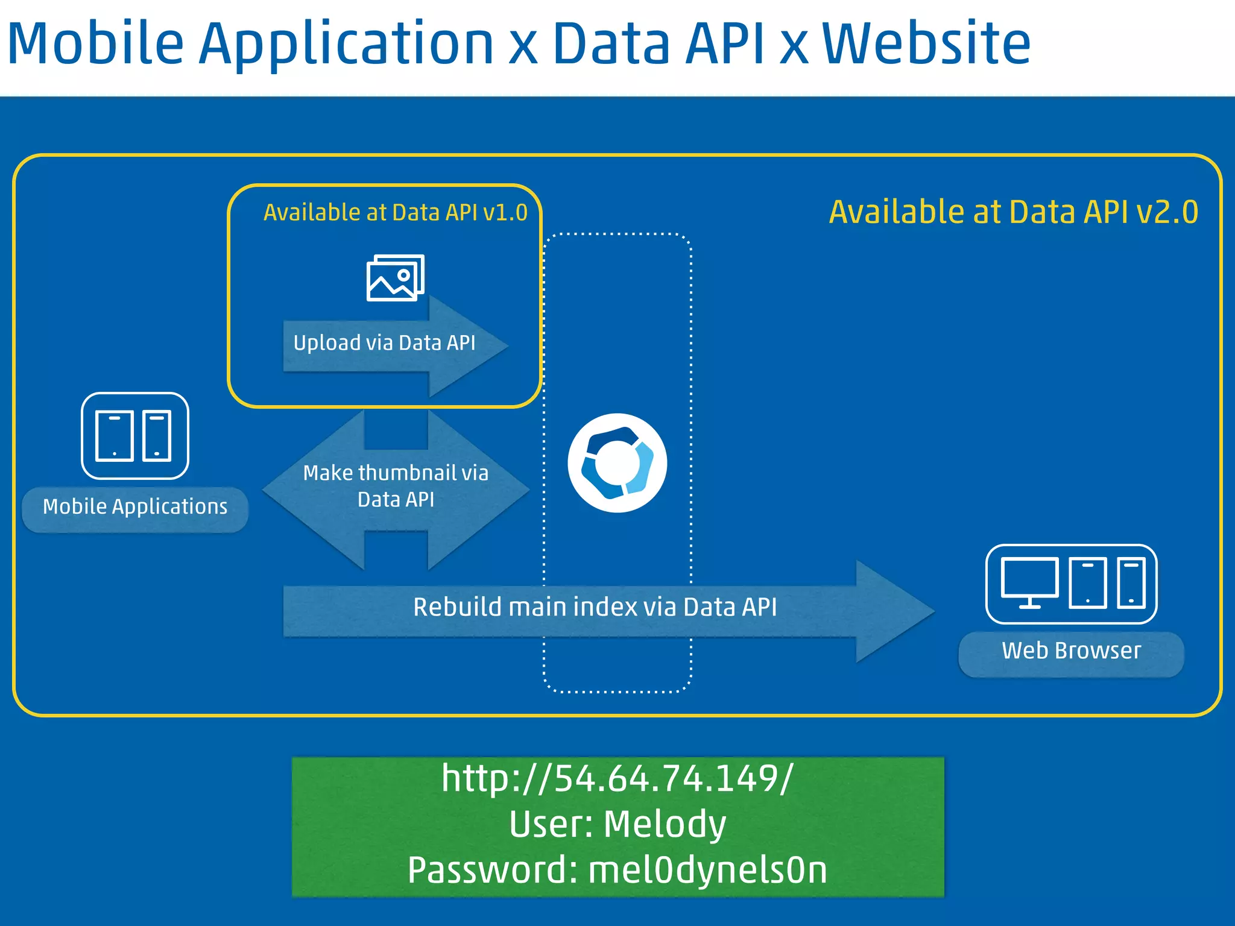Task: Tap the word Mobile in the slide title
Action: [x=95, y=43]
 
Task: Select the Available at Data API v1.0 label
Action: [x=396, y=213]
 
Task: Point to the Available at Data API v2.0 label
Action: [x=1013, y=212]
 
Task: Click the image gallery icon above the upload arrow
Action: [x=395, y=278]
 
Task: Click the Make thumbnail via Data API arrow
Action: [x=396, y=487]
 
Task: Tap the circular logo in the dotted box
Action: [x=617, y=463]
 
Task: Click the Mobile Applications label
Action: [x=135, y=507]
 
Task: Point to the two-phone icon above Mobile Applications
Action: [x=134, y=436]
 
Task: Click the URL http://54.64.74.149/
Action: [x=617, y=778]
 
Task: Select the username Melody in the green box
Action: [x=665, y=824]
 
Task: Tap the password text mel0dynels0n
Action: [x=707, y=870]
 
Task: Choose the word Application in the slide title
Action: [x=346, y=43]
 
